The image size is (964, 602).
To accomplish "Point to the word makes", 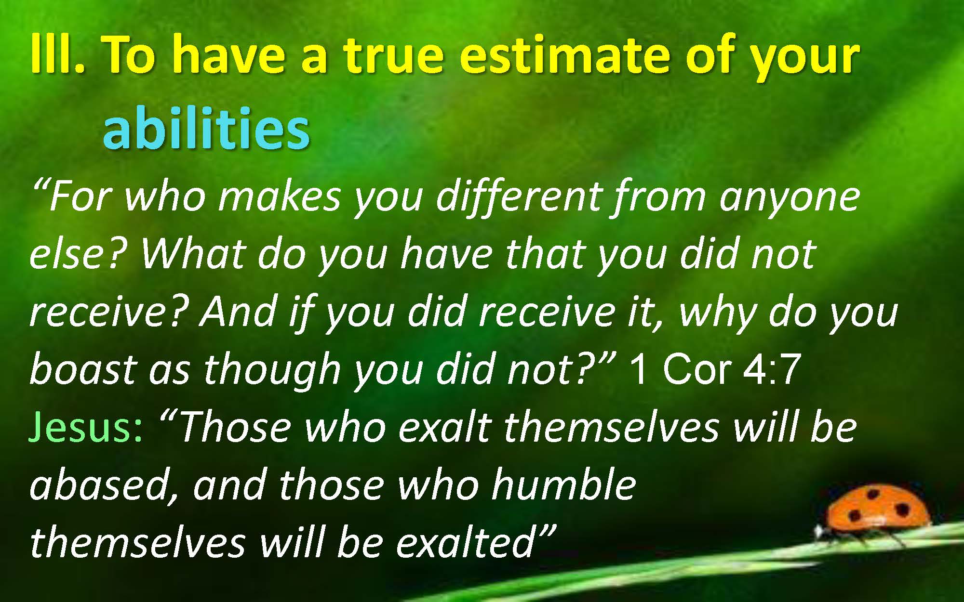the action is [280, 197].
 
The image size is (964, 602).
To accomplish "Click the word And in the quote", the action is [238, 312].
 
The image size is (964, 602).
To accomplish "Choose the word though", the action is [272, 371].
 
